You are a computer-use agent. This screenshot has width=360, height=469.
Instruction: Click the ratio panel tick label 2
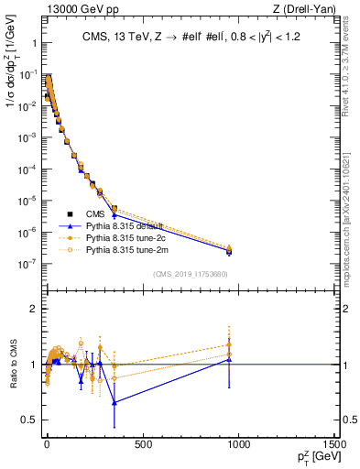(33, 309)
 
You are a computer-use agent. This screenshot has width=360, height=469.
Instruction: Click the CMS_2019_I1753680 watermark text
(190, 274)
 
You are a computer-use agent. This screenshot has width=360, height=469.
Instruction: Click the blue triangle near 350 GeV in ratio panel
(114, 402)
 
